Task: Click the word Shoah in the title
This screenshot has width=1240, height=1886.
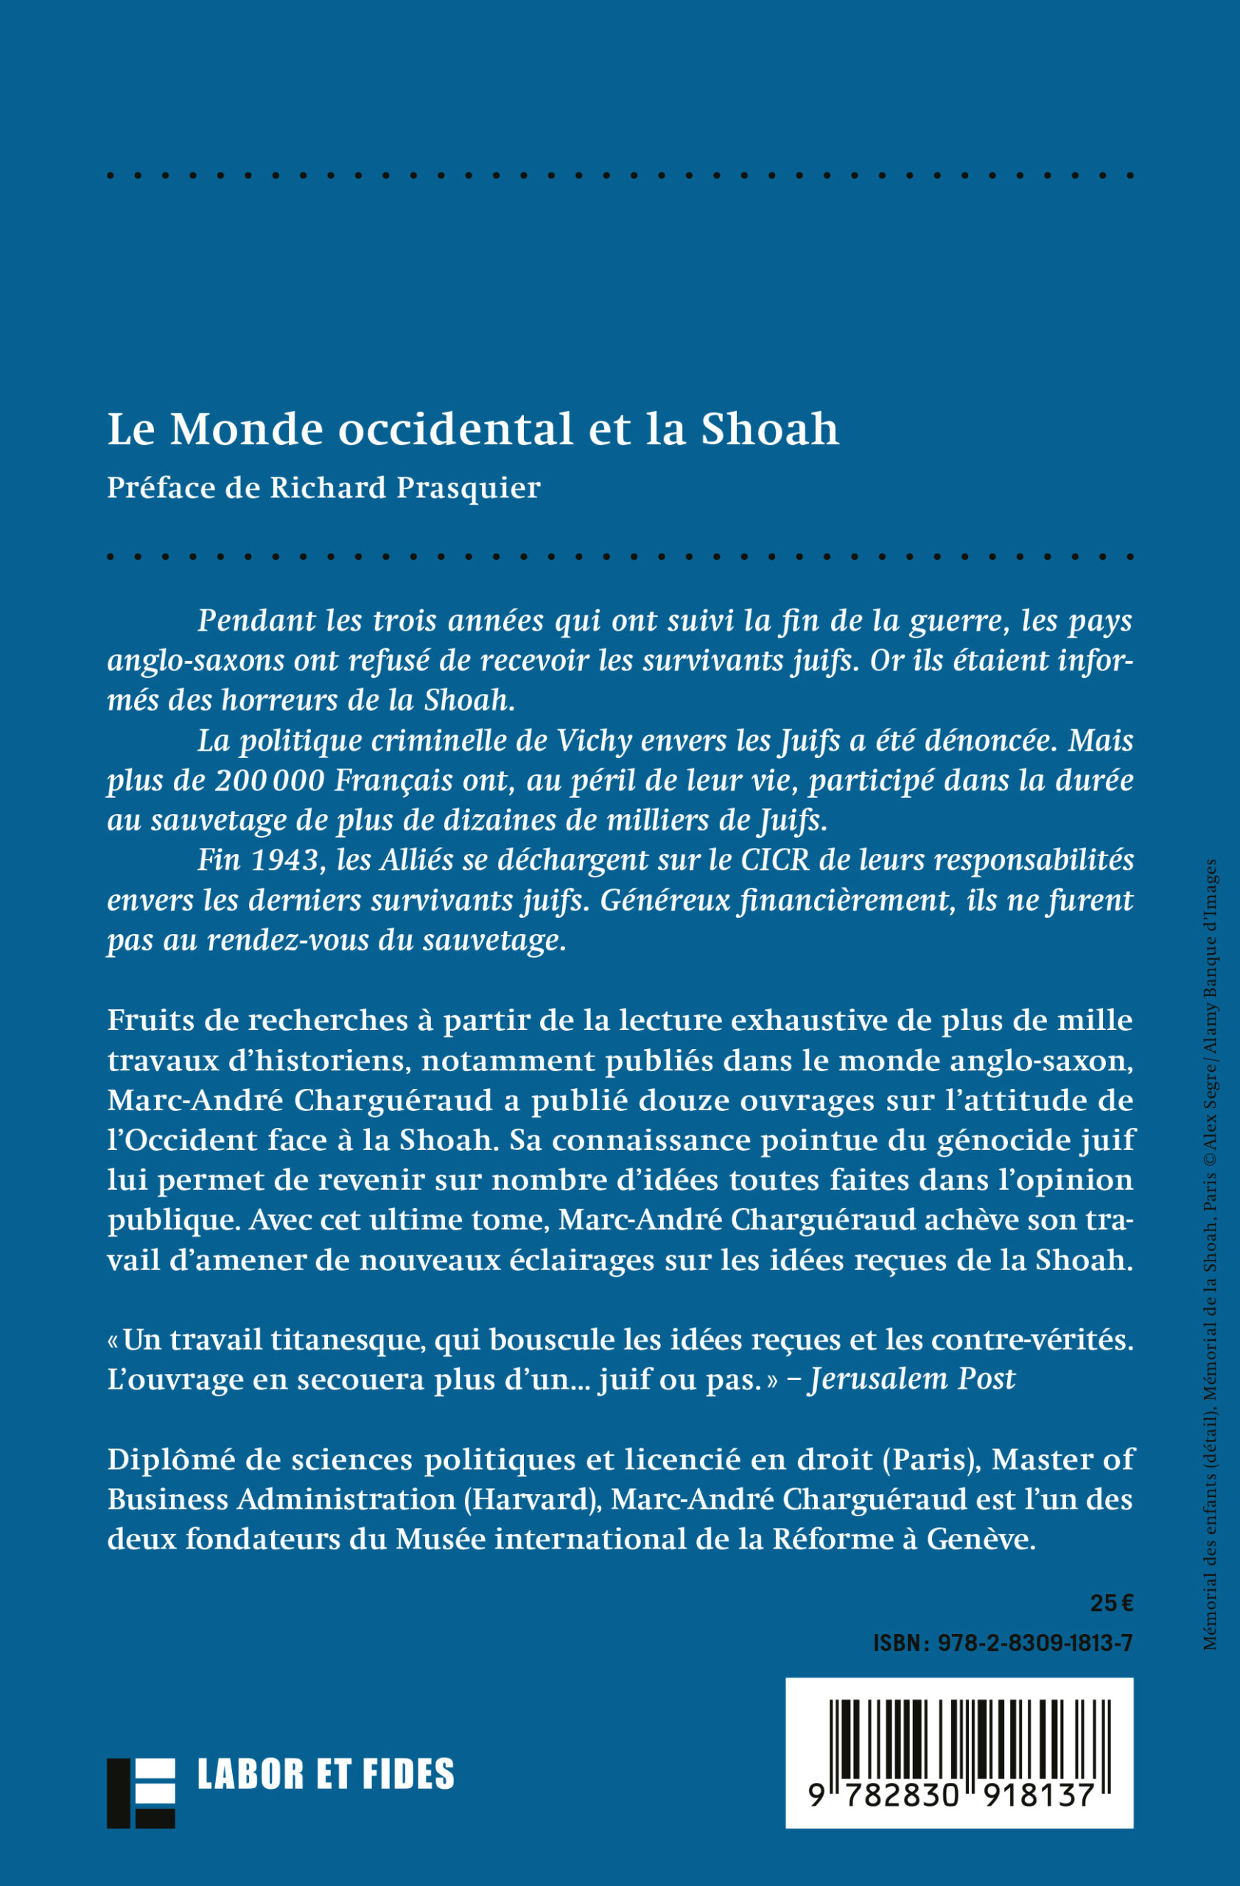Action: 768,430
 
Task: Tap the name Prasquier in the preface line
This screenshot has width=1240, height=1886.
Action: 469,488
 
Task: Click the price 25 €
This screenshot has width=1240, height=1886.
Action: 1111,1603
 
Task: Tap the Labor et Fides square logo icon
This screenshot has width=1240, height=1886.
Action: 141,1792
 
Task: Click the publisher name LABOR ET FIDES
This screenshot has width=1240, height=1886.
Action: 326,1774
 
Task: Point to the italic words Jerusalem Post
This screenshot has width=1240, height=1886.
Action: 911,1379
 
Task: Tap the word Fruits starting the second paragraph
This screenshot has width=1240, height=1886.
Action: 150,1020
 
